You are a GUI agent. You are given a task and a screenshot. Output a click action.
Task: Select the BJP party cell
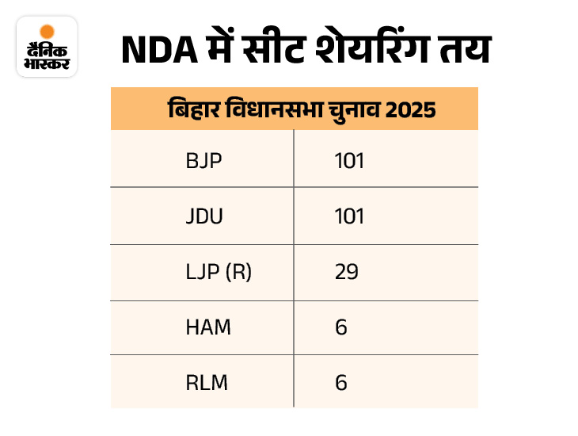[203, 161]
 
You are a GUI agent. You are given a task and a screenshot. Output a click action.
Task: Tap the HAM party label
[207, 327]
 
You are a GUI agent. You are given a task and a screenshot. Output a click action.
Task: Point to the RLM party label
[206, 382]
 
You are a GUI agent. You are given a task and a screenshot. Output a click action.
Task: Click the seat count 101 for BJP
[348, 161]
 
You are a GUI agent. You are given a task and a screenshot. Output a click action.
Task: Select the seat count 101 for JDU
[348, 216]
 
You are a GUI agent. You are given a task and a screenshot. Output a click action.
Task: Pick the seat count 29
[346, 272]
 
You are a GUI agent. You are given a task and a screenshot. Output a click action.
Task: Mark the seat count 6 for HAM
[341, 327]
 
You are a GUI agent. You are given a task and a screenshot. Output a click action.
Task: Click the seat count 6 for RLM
[341, 382]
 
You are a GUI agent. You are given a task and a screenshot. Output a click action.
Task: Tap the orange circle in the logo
[47, 32]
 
